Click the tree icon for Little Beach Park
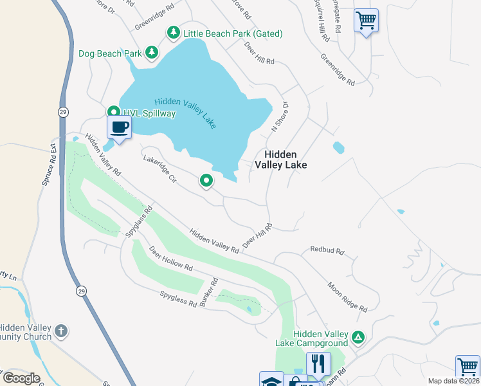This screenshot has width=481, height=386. coord(173,32)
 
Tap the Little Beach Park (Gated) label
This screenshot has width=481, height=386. coord(233,33)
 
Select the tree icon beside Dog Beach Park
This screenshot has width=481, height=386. coord(151,52)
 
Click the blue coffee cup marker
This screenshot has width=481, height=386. coord(119,127)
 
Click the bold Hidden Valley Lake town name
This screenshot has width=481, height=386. coord(280,160)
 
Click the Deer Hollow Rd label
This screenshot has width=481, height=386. coord(170,257)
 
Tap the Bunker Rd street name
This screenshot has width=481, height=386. coord(210,291)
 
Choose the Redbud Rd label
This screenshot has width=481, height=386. coord(327,250)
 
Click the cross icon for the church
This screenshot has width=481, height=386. coord(61,331)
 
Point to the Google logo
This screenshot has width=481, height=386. coord(21,378)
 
